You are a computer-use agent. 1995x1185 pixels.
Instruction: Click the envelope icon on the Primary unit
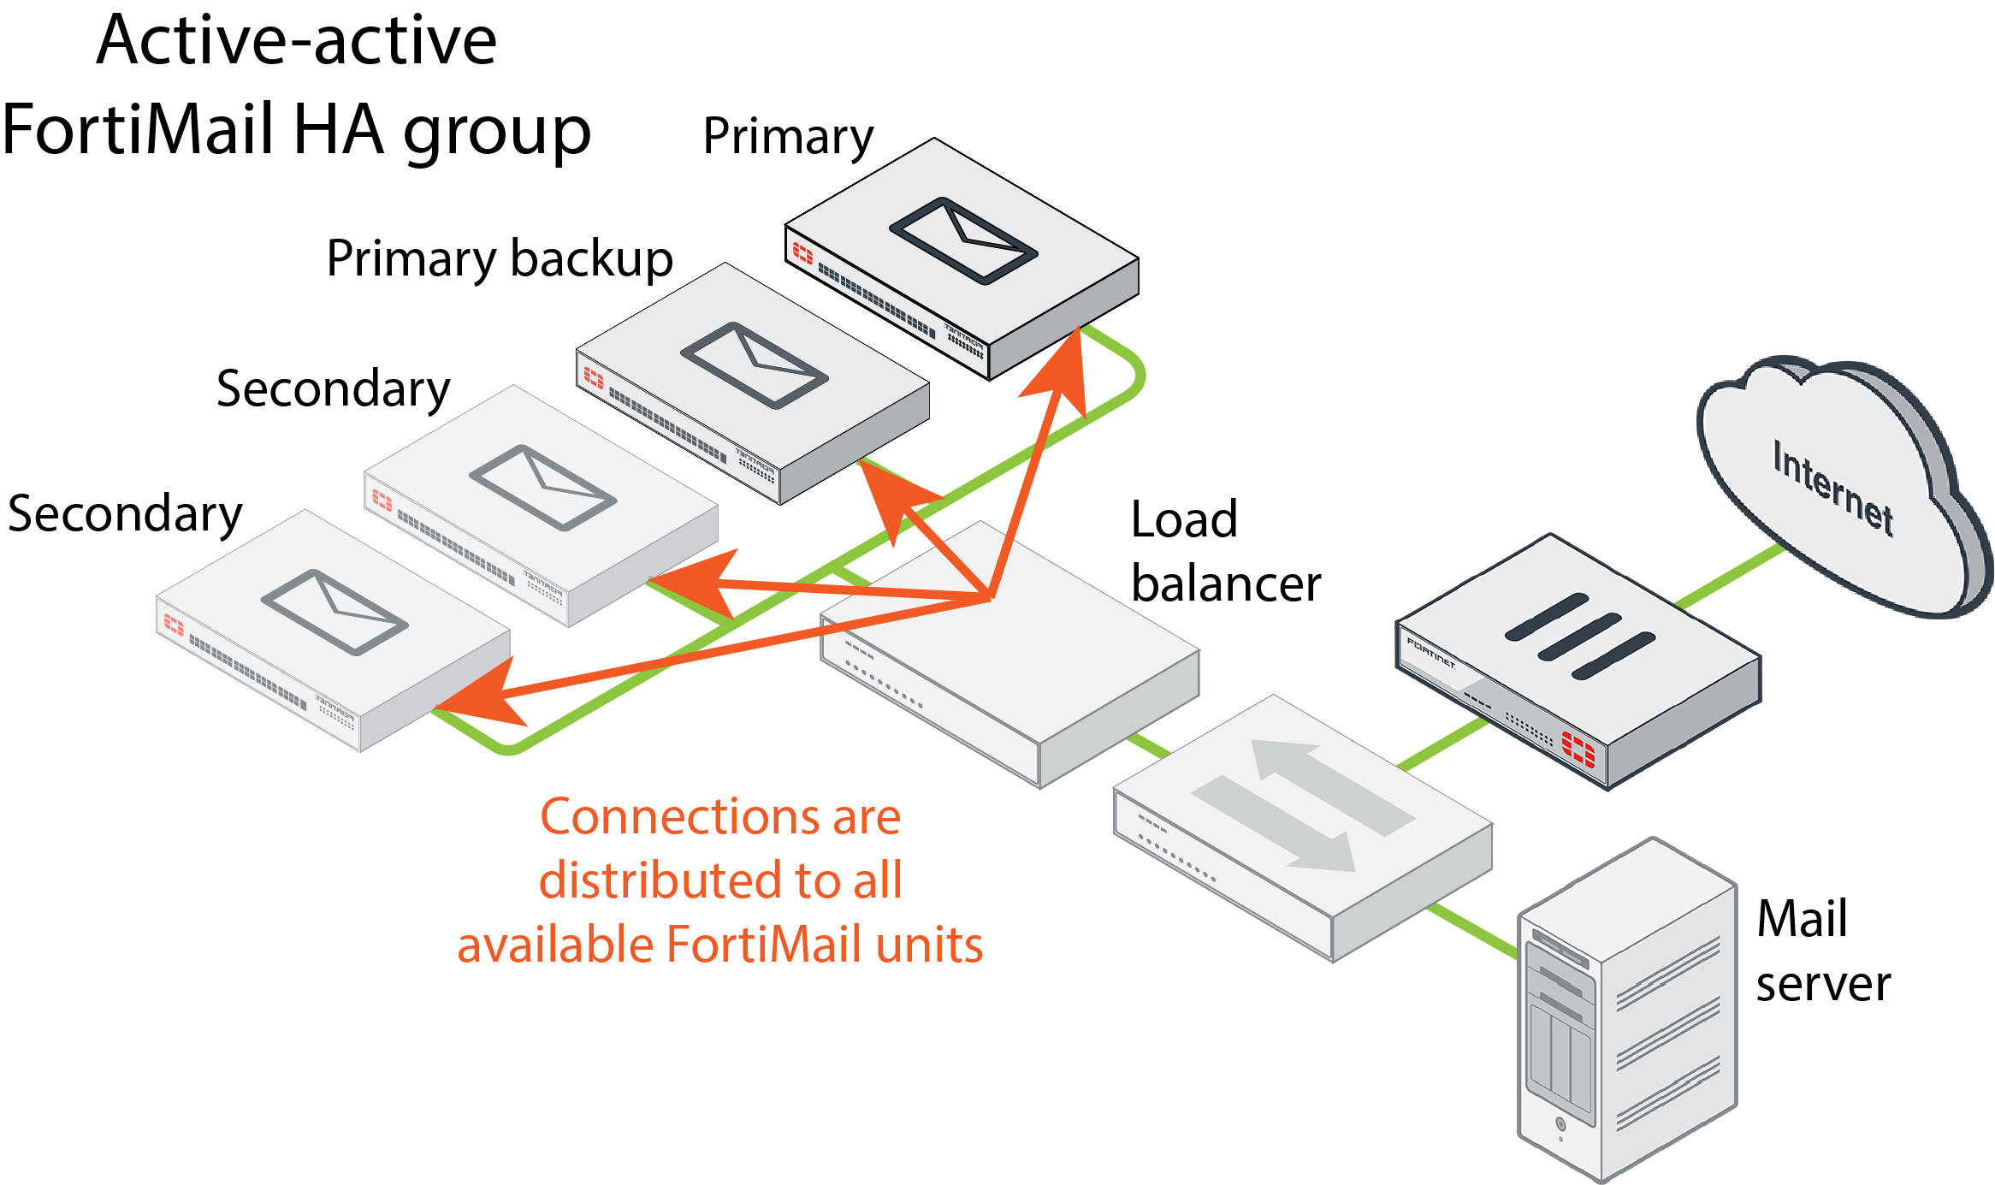pyautogui.click(x=963, y=240)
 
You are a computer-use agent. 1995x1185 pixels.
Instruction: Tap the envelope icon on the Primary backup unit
pyautogui.click(x=755, y=365)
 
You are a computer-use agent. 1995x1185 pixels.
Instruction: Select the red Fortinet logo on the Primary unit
pyautogui.click(x=802, y=252)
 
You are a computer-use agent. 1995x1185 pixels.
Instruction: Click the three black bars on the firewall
pyautogui.click(x=1579, y=637)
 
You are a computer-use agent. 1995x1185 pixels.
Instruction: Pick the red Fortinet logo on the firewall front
pyautogui.click(x=1578, y=749)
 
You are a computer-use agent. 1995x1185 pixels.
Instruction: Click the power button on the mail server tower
pyautogui.click(x=1560, y=1123)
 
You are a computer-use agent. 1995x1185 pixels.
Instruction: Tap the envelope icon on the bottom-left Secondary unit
pyautogui.click(x=334, y=613)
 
